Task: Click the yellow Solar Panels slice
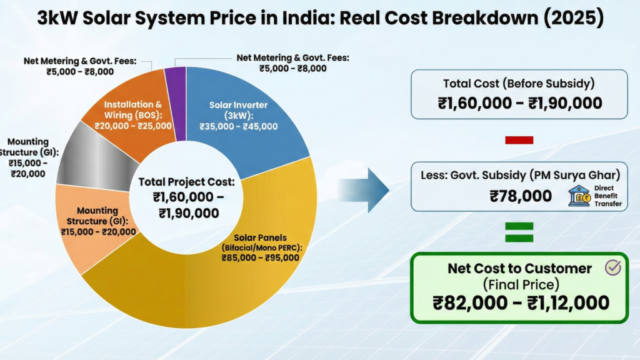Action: [206, 287]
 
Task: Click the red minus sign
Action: [519, 141]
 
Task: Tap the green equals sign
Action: [519, 232]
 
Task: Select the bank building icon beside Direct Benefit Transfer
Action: [578, 196]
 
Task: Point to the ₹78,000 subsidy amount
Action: [520, 196]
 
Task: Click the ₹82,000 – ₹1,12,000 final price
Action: [520, 303]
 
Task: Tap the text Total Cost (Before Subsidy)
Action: [519, 84]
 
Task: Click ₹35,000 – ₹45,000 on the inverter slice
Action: [238, 126]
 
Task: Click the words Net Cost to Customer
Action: [519, 269]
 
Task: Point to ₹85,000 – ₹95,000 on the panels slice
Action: [260, 257]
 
